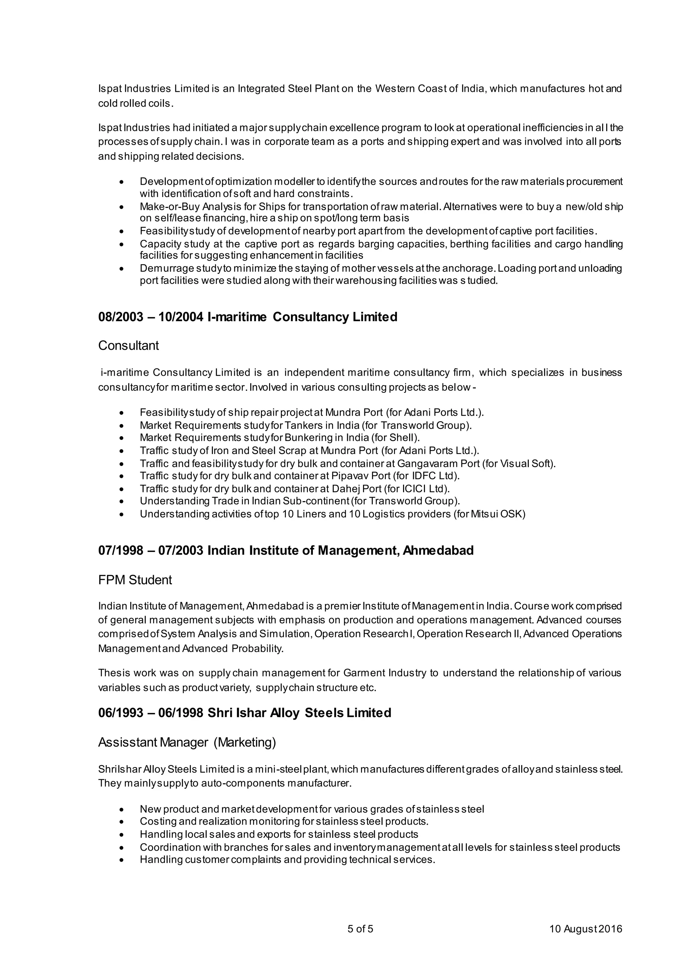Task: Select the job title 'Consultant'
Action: (x=129, y=346)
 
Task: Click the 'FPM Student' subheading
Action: (x=135, y=580)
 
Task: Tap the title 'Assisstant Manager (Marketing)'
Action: (x=187, y=742)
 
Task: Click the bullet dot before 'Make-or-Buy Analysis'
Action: (x=122, y=207)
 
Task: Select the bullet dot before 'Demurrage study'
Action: (x=122, y=269)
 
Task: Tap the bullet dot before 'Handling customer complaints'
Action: (x=122, y=860)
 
